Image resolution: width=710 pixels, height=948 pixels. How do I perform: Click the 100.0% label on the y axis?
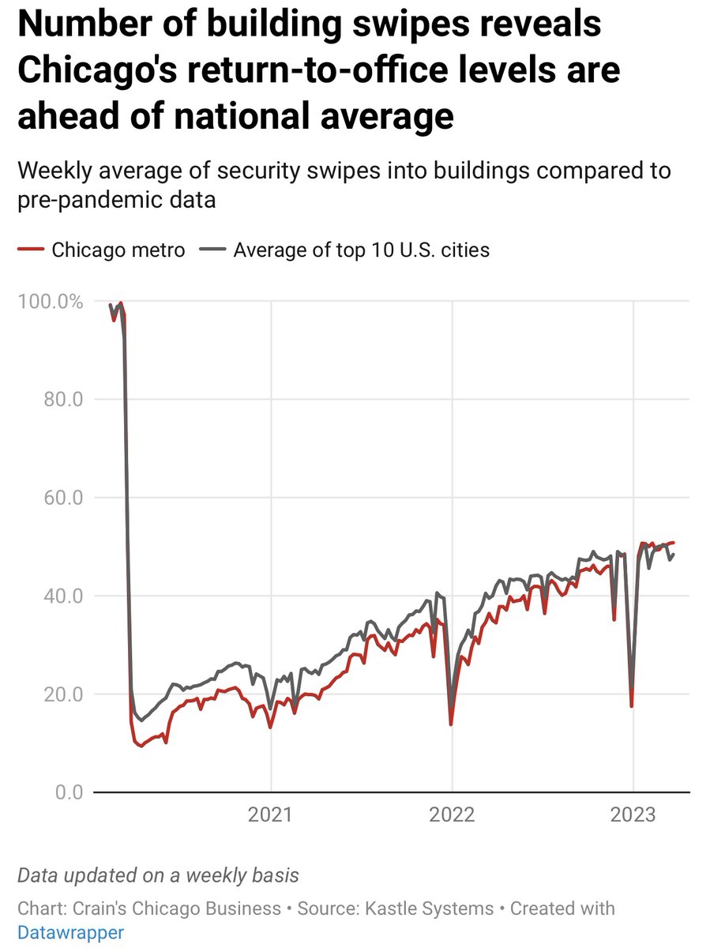[x=49, y=302]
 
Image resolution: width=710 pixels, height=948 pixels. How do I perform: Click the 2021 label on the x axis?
[x=271, y=814]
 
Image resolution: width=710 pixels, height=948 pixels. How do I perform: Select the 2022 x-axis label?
[x=452, y=814]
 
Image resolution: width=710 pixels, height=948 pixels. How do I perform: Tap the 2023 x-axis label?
[x=633, y=814]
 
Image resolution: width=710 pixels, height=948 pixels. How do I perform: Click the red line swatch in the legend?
[x=31, y=250]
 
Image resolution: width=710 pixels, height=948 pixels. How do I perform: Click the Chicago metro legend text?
[x=118, y=250]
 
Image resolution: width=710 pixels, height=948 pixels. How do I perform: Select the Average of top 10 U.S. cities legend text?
[x=361, y=250]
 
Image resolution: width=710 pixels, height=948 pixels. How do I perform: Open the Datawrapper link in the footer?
[x=70, y=933]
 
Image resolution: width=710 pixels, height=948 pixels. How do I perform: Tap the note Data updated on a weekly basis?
[x=158, y=875]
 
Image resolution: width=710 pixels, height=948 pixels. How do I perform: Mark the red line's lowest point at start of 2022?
[x=451, y=724]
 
